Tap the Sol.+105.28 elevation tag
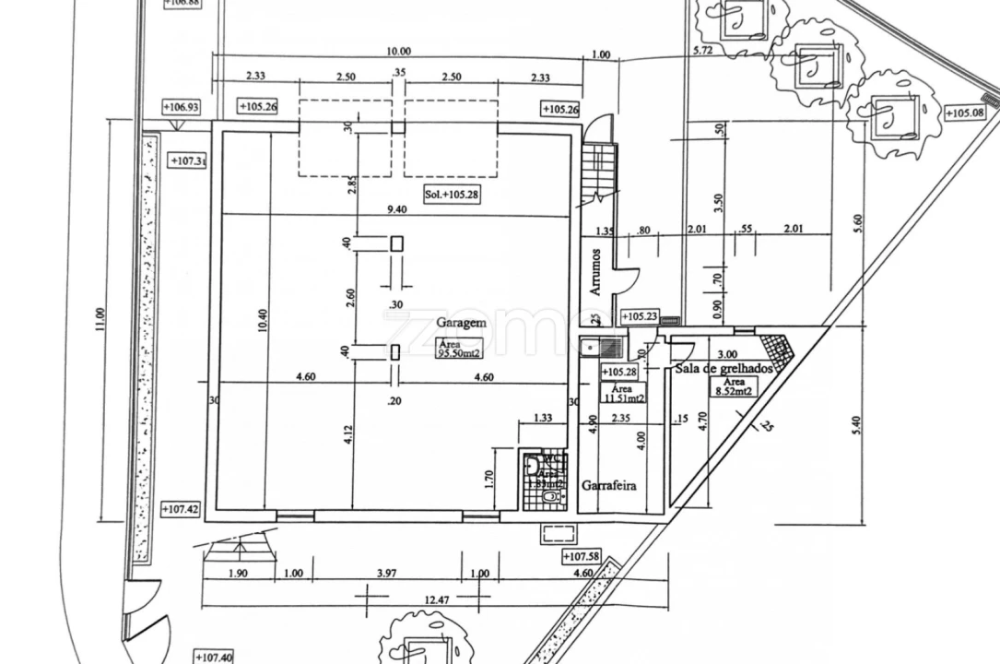point(452,195)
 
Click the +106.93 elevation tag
point(182,107)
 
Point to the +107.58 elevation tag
point(581,556)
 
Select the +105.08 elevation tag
point(965,113)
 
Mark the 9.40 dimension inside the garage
point(396,209)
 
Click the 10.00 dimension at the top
point(399,52)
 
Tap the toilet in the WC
point(550,496)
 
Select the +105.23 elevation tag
point(639,317)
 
